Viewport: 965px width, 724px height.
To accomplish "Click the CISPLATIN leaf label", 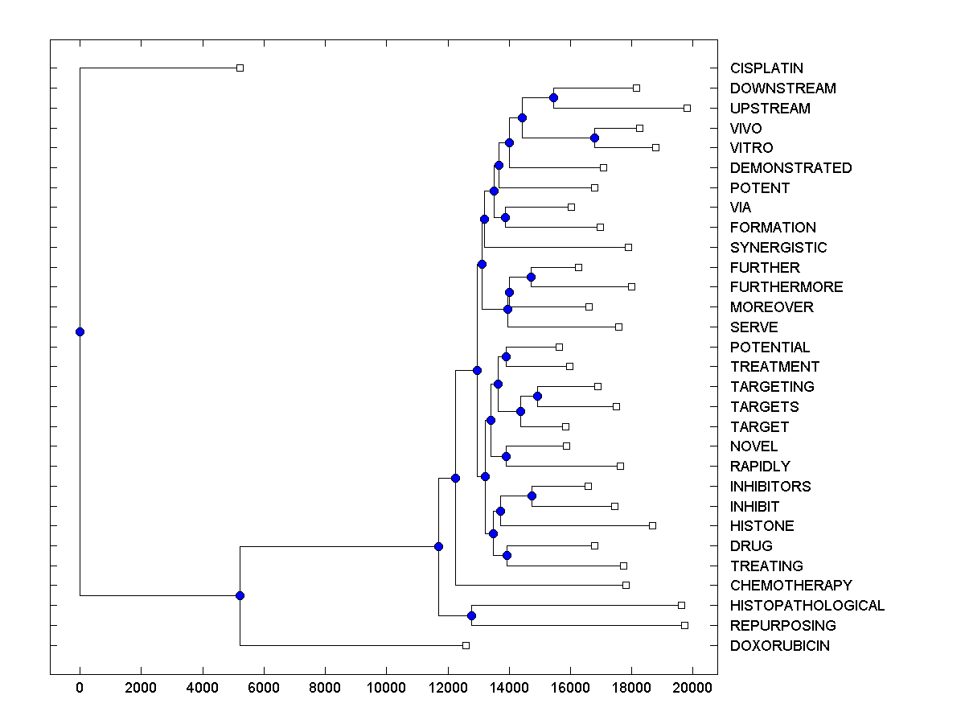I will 766,68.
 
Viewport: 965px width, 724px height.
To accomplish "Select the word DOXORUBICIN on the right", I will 779,646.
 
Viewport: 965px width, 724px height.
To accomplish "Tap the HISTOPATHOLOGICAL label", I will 807,606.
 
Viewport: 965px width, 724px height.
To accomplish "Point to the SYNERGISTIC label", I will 778,248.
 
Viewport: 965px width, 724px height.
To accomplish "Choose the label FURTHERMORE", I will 786,287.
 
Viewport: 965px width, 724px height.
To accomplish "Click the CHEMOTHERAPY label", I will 790,586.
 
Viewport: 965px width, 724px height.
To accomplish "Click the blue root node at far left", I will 80,331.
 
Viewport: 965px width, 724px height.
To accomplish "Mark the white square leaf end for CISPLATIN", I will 240,68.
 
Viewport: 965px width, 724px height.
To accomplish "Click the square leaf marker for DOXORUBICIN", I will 466,645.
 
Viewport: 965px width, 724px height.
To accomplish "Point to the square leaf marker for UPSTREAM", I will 687,108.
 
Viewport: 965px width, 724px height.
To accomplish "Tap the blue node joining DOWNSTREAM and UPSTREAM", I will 553,97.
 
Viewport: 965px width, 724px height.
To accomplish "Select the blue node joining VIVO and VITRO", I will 594,138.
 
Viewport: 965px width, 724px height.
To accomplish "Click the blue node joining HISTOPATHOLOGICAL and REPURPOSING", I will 471,615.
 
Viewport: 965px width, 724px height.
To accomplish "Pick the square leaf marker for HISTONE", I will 652,525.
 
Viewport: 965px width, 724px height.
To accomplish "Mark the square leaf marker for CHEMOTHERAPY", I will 626,585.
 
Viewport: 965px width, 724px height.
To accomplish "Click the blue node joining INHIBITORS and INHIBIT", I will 532,496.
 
